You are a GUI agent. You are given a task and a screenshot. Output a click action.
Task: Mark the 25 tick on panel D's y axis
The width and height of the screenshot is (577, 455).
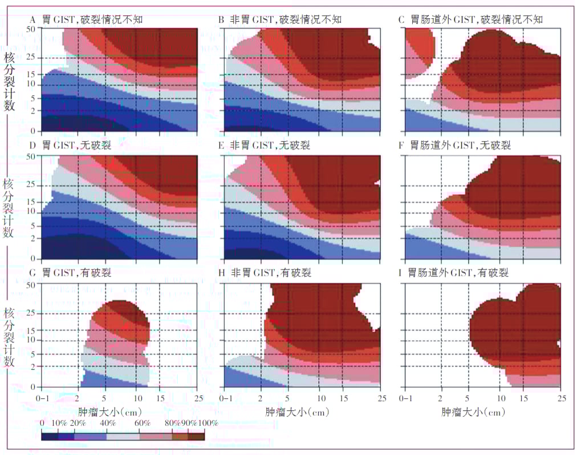pos(32,185)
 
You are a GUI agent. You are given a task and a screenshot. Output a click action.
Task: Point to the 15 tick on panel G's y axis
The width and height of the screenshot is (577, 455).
pos(32,330)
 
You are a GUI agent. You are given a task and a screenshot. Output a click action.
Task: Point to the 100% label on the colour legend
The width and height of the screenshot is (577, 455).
pos(208,423)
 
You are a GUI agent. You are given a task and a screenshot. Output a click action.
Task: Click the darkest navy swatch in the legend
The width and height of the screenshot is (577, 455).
pos(50,436)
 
